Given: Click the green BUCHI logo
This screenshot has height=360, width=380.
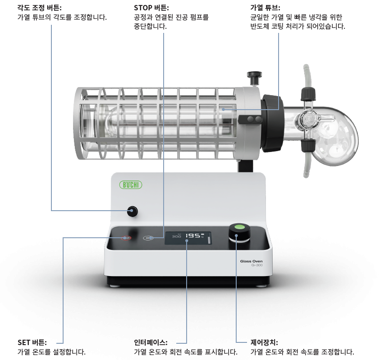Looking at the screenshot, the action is (x=131, y=185).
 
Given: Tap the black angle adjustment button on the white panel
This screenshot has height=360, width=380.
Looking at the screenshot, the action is (x=133, y=211).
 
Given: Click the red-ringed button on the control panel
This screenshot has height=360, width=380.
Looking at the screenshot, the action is (x=126, y=238).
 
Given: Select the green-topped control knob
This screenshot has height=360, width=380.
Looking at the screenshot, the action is (x=240, y=233).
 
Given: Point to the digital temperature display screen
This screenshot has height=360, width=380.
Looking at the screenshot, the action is (x=188, y=238).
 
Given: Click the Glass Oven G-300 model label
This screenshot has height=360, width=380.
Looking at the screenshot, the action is (x=252, y=263).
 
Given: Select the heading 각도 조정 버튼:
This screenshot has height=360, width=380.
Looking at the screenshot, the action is (x=40, y=8).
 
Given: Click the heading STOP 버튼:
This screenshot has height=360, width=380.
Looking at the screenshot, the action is (x=151, y=8).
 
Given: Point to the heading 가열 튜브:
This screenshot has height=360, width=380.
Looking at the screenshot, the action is (x=265, y=8).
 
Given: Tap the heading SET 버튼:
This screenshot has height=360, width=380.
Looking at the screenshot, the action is (x=32, y=342).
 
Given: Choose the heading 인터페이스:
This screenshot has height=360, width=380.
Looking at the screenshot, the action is (x=151, y=342).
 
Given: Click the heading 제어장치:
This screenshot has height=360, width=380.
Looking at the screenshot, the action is (x=264, y=342).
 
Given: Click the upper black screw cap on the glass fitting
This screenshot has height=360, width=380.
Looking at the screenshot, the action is (x=308, y=94).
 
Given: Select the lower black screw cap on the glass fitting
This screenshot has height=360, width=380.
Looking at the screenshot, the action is (x=308, y=146).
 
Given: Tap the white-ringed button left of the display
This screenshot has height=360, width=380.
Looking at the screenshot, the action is (x=148, y=238).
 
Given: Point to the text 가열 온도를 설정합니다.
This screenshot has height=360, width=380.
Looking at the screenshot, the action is (x=51, y=352).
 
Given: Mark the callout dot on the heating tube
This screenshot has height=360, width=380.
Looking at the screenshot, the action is (x=223, y=110).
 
